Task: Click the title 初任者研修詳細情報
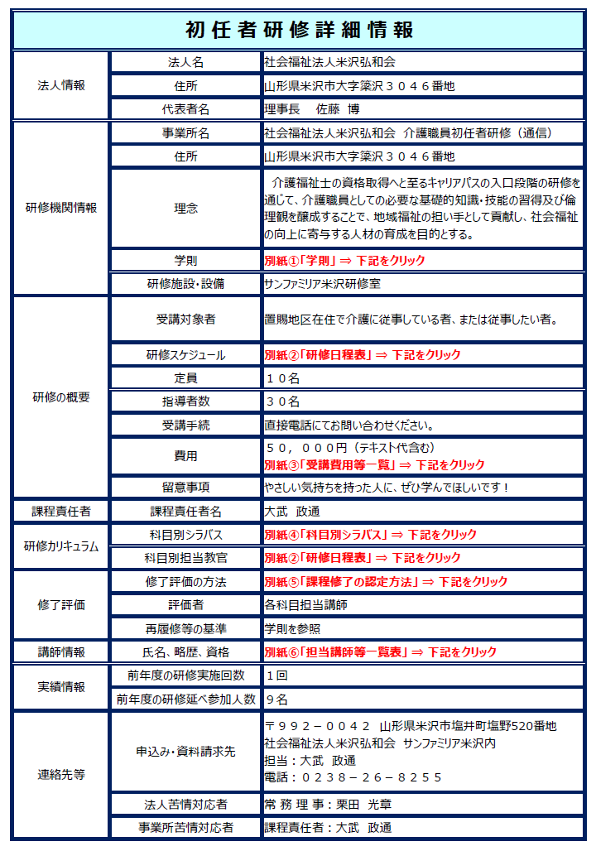299,30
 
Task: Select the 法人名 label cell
185,62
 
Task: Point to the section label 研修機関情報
61,208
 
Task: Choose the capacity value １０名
282,377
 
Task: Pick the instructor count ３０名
282,401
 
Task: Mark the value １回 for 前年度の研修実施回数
276,676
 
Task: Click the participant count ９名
276,700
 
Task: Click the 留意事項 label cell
185,487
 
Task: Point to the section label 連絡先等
61,775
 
